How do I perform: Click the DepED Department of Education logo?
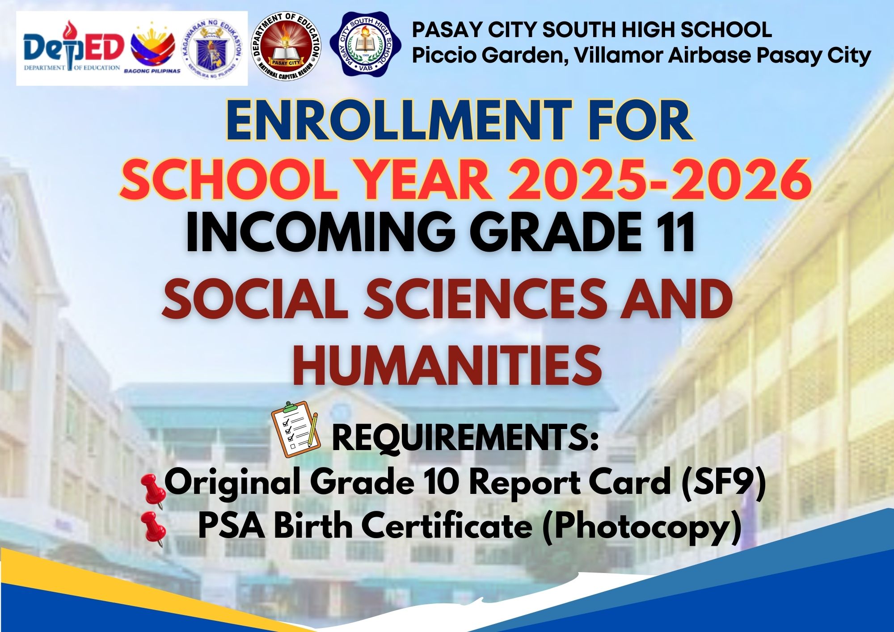[x=73, y=47]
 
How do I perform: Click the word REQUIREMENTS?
[x=465, y=438]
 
